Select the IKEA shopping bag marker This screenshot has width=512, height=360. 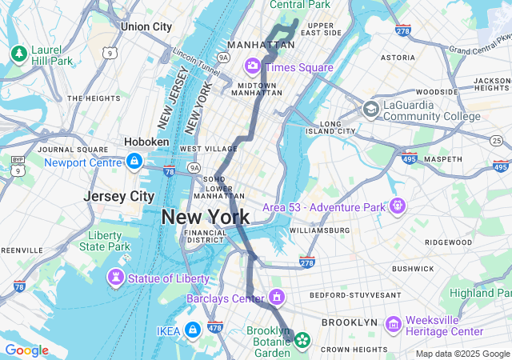click(x=192, y=330)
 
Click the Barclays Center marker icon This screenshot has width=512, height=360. click(x=277, y=298)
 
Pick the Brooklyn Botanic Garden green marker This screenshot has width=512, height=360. click(x=302, y=340)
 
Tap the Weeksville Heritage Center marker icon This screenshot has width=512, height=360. click(x=393, y=325)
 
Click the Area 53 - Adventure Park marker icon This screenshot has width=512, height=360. click(x=398, y=206)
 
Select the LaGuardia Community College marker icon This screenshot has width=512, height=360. click(x=370, y=109)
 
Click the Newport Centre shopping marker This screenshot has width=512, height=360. click(x=134, y=162)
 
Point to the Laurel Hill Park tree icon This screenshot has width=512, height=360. click(x=18, y=54)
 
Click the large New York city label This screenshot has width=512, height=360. click(x=205, y=217)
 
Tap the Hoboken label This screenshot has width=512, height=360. click(x=146, y=142)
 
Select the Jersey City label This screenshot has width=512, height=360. click(x=118, y=196)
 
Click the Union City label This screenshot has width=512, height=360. click(x=146, y=26)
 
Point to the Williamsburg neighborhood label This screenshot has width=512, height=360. click(x=319, y=230)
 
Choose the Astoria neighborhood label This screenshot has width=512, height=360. click(x=398, y=58)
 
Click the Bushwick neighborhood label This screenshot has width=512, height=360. click(x=413, y=270)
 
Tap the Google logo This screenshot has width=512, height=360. click(x=26, y=350)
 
